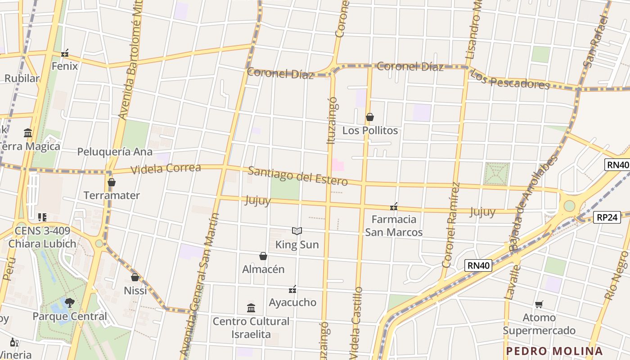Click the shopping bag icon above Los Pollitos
click(x=370, y=117)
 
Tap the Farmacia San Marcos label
click(x=394, y=226)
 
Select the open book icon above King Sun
click(x=297, y=231)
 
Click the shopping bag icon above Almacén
click(x=263, y=256)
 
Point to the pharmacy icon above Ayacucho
click(x=292, y=289)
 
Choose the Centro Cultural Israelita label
click(x=251, y=328)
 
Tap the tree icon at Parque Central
click(x=69, y=302)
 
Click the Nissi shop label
click(x=135, y=291)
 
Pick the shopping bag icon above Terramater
click(x=112, y=183)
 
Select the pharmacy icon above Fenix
click(x=65, y=54)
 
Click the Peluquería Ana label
click(x=115, y=152)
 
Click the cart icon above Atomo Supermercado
click(x=539, y=305)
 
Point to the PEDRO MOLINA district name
click(x=554, y=351)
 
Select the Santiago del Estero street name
click(x=298, y=176)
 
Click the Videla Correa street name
click(x=166, y=169)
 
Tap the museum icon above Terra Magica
click(x=28, y=133)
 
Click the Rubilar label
click(x=22, y=78)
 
